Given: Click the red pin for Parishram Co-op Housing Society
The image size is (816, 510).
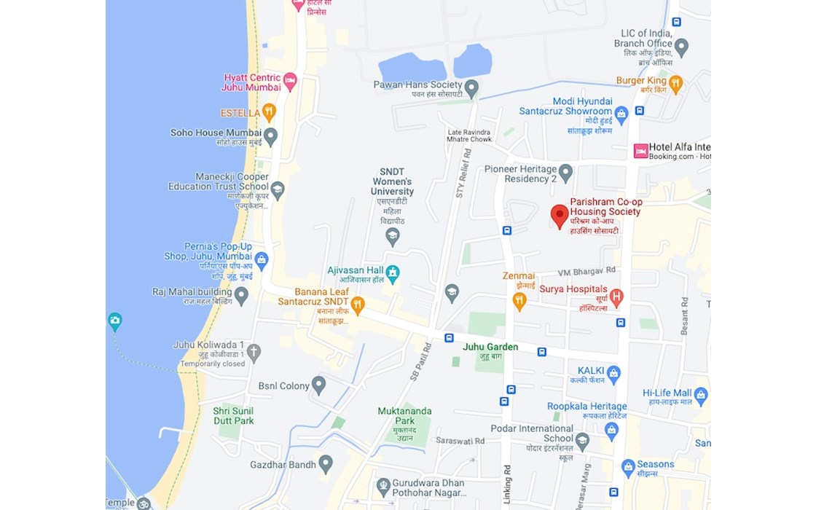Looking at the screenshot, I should (559, 216).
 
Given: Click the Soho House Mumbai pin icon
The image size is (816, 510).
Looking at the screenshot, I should (270, 136).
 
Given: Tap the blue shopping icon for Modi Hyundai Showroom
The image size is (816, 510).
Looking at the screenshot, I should (621, 114).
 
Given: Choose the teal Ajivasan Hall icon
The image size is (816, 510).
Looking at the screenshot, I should (393, 273).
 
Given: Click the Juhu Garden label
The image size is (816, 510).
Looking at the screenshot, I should (490, 348).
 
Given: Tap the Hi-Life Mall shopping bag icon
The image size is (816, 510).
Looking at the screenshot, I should (701, 396).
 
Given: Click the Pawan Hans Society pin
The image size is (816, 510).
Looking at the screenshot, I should (471, 89).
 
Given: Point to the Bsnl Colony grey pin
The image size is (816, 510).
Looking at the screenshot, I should (318, 385).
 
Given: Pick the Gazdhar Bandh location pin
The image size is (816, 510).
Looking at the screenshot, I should (326, 463).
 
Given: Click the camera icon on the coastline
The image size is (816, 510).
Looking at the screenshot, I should (114, 321).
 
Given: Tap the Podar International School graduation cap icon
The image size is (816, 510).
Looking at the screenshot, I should (581, 441).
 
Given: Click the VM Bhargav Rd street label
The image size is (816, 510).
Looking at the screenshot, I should (586, 270).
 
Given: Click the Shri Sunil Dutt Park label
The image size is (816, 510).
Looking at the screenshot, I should (233, 416).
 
